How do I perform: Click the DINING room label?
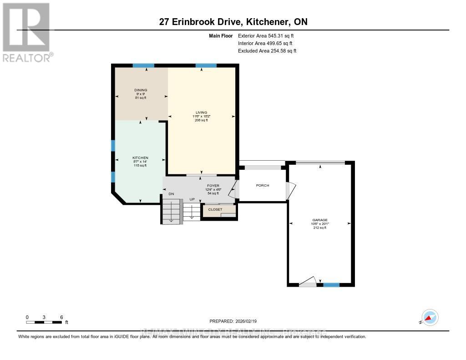(141, 90)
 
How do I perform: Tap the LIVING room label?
(202, 112)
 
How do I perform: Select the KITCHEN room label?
(141, 158)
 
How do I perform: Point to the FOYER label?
(213, 186)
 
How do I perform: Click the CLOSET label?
(215, 209)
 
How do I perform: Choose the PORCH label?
(263, 185)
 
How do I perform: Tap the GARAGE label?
(320, 220)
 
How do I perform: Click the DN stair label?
(171, 194)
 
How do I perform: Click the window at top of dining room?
(143, 66)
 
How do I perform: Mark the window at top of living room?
(206, 66)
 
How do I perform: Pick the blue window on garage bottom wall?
(331, 285)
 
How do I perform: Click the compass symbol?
(430, 317)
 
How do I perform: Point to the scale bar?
(44, 322)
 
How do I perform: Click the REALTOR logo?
(27, 32)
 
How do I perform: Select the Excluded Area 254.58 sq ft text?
(267, 51)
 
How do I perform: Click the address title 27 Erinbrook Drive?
(233, 22)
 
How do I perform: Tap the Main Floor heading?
(221, 35)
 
